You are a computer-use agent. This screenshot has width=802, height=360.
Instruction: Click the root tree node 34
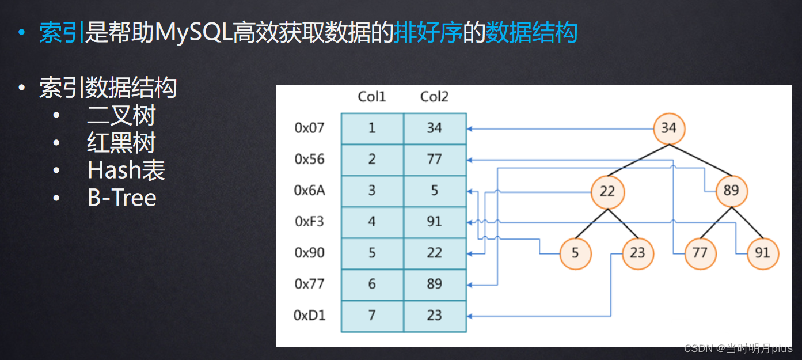point(669,127)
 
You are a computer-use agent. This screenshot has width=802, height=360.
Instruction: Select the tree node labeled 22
point(607,191)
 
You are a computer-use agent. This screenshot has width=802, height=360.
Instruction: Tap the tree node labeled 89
point(731,191)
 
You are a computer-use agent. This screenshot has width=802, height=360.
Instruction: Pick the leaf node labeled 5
point(576,253)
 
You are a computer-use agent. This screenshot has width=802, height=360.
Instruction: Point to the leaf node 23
point(638,253)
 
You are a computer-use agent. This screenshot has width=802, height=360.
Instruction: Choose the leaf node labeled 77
point(700,253)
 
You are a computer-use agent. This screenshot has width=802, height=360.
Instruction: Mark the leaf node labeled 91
point(762,253)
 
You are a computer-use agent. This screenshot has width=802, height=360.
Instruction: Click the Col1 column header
point(372,97)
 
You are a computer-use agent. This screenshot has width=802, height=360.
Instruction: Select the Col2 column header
point(434,97)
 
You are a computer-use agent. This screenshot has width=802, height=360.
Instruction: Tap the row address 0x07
point(310,128)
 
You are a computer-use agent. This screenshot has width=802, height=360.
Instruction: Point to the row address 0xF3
point(310,222)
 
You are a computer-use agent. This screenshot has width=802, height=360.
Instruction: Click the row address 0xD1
point(310,316)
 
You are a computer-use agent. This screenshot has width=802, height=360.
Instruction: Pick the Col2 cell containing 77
point(435,160)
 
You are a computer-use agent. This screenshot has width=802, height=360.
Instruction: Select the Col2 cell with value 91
point(435,222)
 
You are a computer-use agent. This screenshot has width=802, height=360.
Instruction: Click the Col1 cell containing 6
point(372,284)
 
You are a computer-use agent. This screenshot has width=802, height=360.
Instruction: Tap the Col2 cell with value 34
point(435,128)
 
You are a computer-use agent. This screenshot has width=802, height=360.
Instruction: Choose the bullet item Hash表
point(126,170)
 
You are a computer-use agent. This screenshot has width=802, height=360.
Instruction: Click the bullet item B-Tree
point(122,198)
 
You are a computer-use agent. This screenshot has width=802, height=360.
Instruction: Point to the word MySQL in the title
point(193,33)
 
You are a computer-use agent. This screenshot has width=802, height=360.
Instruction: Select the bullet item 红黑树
point(121,143)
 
